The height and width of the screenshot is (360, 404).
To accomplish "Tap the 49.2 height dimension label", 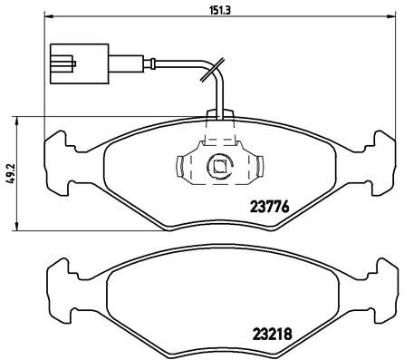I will pyautogui.click(x=8, y=172).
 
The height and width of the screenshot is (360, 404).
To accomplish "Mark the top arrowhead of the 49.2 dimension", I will pyautogui.click(x=20, y=119).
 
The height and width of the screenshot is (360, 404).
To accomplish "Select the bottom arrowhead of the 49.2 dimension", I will pyautogui.click(x=20, y=227).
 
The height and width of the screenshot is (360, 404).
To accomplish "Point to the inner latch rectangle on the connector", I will pyautogui.click(x=60, y=64).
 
